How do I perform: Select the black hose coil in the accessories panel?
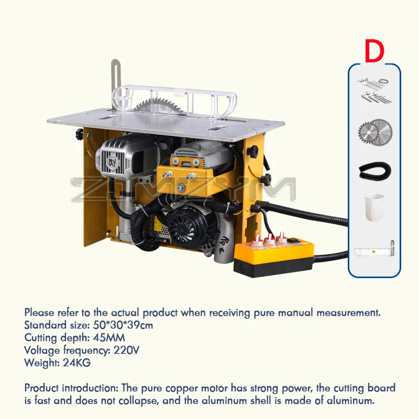tap(374, 171)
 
